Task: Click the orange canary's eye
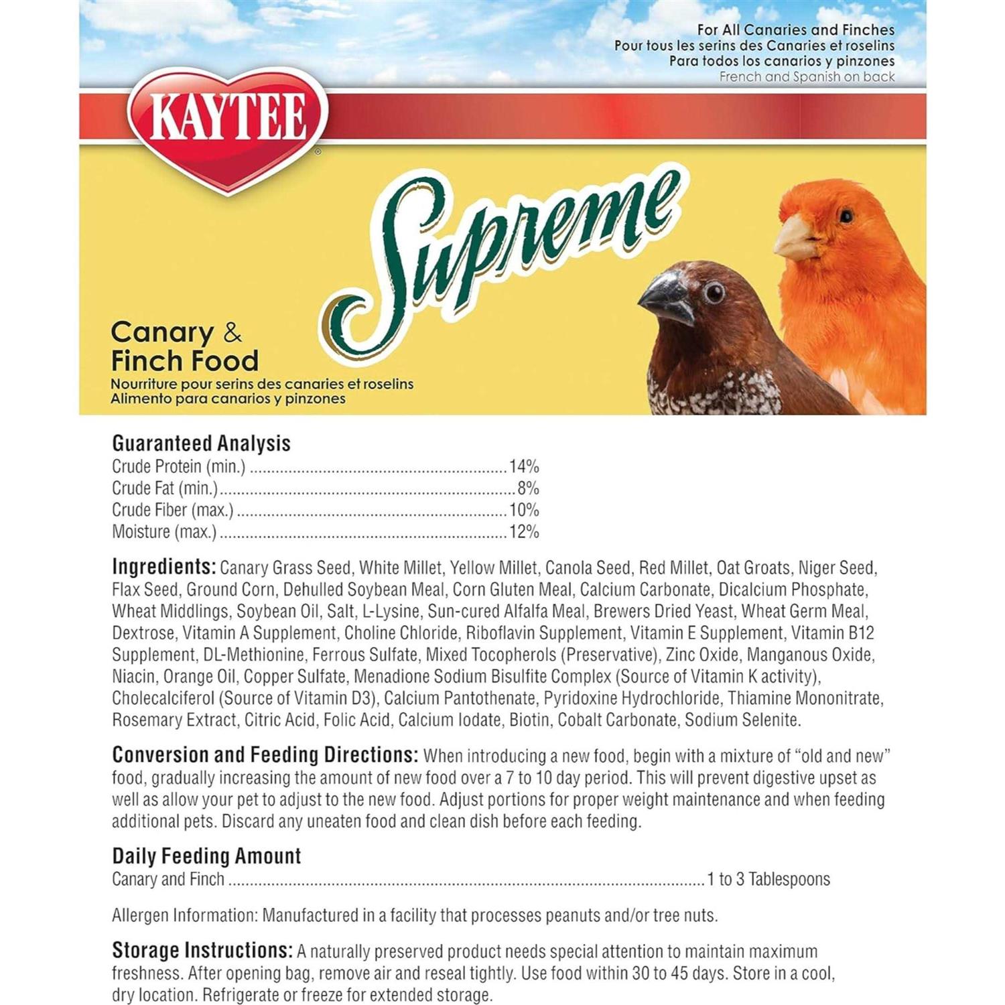point(846,216)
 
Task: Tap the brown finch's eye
point(714,293)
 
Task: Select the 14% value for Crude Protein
point(524,466)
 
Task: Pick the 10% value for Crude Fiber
point(524,510)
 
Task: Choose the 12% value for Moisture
point(524,532)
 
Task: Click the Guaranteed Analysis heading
point(201,444)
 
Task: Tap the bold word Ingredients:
point(163,567)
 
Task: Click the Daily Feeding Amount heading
point(206,856)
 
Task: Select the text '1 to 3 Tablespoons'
point(768,879)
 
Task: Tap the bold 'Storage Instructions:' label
point(202,951)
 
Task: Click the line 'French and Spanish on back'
point(807,77)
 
